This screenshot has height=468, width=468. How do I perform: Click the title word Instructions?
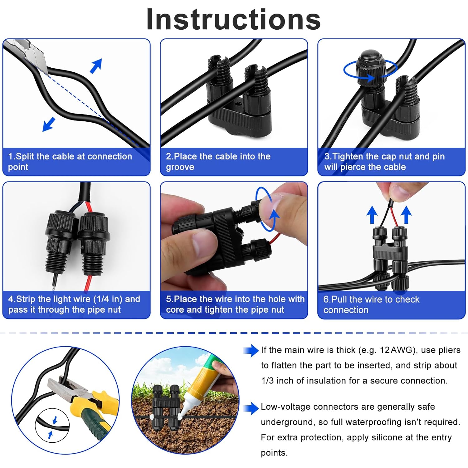[233, 19]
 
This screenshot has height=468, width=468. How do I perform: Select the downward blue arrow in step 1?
[49, 124]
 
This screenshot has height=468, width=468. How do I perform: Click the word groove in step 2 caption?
[180, 167]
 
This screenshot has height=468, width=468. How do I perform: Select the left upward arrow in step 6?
[372, 215]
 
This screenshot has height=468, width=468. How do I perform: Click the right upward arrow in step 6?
[406, 215]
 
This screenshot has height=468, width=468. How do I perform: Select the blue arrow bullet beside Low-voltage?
[251, 408]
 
